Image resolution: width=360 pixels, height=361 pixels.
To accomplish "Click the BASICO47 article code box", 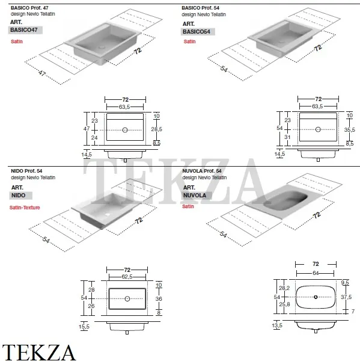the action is tap(25, 30).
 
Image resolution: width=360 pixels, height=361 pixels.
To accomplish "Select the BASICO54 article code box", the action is tap(198, 31).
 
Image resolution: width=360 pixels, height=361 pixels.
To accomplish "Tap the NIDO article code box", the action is tap(20, 196).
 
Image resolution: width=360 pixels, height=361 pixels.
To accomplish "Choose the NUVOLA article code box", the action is tap(197, 196).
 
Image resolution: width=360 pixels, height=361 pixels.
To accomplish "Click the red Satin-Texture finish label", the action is tap(25, 208).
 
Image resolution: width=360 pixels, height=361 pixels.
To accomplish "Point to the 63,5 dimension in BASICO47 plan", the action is tap(124, 107).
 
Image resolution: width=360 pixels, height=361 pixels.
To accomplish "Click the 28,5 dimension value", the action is tap(156, 129).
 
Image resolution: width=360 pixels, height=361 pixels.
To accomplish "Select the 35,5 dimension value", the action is tap(349, 130).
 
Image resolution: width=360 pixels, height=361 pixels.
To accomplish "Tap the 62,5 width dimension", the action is tap(127, 277).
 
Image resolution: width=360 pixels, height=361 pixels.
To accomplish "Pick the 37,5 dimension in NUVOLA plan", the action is tap(346, 297).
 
